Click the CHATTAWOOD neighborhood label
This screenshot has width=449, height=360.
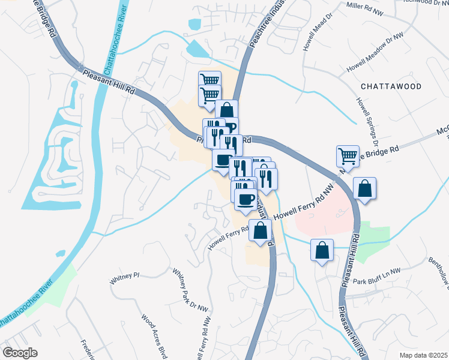[x=391, y=86]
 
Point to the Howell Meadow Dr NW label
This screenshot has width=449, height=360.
[x=375, y=55]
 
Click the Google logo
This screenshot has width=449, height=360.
[x=19, y=353]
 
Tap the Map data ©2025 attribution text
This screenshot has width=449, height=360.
[x=423, y=355]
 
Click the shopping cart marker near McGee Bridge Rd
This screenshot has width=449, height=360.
[x=348, y=157]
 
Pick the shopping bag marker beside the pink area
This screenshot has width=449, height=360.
[x=364, y=189]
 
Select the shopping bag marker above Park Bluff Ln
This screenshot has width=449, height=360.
[x=322, y=250]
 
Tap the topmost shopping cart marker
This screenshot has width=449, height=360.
[x=209, y=80]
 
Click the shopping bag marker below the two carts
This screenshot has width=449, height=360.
[x=227, y=110]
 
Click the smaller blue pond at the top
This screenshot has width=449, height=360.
[x=194, y=25]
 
